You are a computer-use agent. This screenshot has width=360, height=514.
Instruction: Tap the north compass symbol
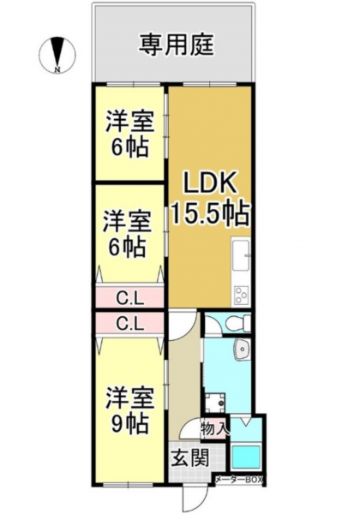tap(57, 54)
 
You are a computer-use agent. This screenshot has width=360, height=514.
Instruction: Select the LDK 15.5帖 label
tap(209, 200)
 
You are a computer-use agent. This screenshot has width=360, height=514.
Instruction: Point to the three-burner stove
tap(242, 295)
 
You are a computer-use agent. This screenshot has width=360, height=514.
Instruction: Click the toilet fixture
tap(238, 323)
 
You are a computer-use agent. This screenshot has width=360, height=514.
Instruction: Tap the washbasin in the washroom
tap(242, 348)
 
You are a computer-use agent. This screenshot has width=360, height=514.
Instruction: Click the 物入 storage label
tap(214, 428)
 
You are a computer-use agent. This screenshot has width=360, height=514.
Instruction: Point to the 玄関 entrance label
tap(190, 457)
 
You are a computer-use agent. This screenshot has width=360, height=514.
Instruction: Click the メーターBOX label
tap(238, 480)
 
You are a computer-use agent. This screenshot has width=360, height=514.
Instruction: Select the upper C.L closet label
tap(130, 299)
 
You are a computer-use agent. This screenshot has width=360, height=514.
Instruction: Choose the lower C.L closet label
tap(130, 324)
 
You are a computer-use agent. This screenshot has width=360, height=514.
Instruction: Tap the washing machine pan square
tap(216, 403)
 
